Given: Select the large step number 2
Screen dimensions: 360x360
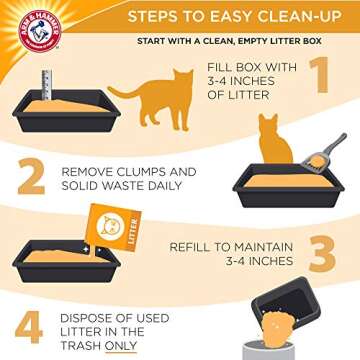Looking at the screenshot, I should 29,179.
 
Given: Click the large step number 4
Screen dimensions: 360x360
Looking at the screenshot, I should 28,327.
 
